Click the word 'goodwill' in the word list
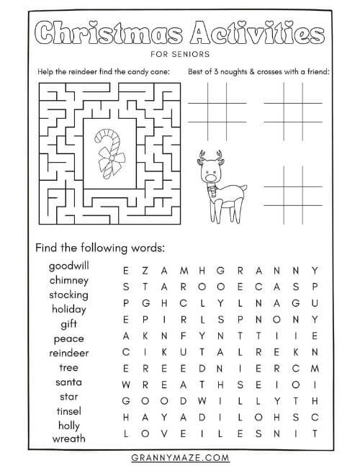[x=68, y=266]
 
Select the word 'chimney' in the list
[x=68, y=280]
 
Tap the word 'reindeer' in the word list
[x=68, y=353]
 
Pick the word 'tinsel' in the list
[x=68, y=410]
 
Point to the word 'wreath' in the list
[x=68, y=438]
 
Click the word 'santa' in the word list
[x=68, y=382]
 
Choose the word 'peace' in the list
[x=68, y=338]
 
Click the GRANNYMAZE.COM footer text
[x=179, y=456]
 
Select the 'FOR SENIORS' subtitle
[x=179, y=53]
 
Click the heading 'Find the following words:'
[x=100, y=248]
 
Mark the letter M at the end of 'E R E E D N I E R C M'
[x=315, y=369]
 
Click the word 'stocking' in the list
[x=68, y=294]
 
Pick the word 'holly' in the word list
[x=68, y=425]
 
